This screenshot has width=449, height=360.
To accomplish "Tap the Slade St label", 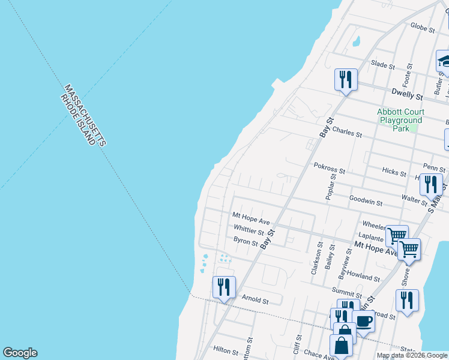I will tap(382, 64).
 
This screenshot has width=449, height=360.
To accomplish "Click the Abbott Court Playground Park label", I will tap(401, 120).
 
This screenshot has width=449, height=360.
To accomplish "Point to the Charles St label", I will tap(347, 132).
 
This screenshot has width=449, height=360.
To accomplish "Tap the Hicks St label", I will tap(394, 172).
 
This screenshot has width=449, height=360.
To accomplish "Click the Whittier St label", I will tap(249, 230).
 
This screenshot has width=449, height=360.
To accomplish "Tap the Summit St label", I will tap(346, 291).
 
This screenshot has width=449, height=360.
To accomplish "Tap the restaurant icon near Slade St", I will tap(346, 79).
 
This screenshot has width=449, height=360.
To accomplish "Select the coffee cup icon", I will tap(364, 321).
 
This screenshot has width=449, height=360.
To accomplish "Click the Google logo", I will tap(20, 353).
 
